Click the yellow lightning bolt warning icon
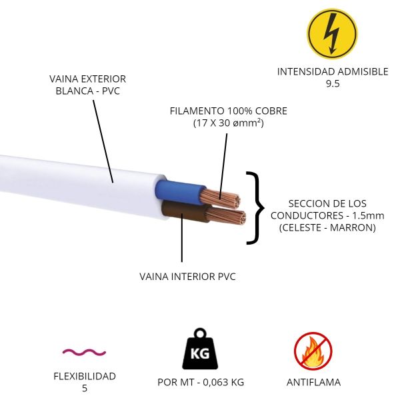331,33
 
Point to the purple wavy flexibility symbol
84,351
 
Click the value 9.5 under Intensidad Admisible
332,83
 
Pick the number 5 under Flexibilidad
84,388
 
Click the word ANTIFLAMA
313,382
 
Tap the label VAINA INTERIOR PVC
187,276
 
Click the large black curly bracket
254,207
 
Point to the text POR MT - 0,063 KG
200,382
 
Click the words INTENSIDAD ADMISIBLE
332,71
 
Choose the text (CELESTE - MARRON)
327,227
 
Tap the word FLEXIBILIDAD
84,376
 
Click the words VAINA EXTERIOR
87,79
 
